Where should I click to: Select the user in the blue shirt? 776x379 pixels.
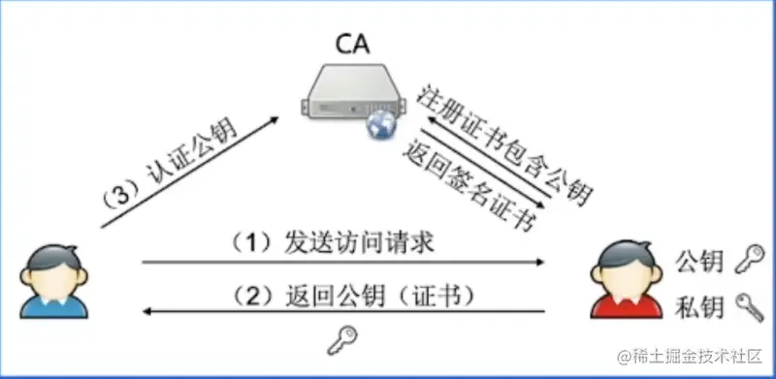pyautogui.click(x=48, y=281)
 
